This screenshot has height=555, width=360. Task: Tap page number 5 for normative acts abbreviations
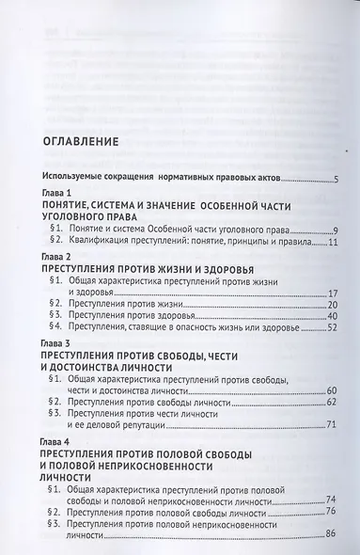click(x=337, y=179)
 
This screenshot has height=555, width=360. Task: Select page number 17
click(x=333, y=293)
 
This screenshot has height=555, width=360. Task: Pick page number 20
click(x=333, y=307)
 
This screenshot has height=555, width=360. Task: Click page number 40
click(x=333, y=319)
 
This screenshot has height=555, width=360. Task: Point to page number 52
click(x=333, y=331)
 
